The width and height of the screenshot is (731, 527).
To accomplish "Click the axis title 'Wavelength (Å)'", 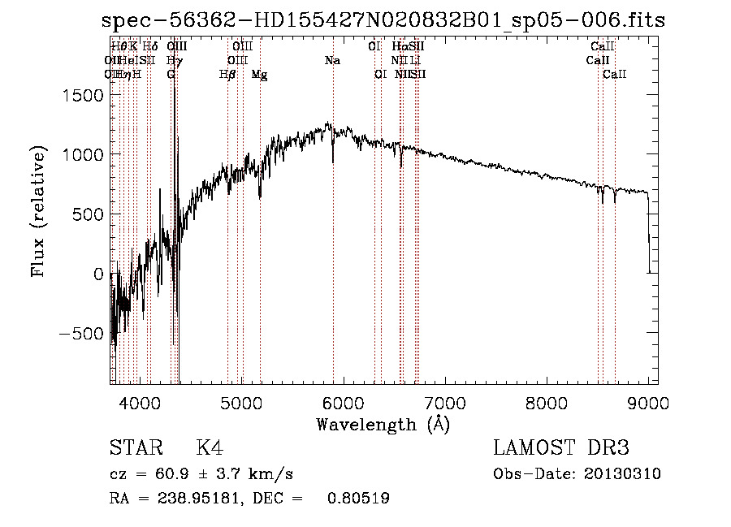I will tap(383, 425).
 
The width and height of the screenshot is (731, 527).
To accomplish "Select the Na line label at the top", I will tap(332, 61).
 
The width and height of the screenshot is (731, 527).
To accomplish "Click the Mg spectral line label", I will tap(260, 75).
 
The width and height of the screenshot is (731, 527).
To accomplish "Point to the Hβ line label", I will tap(228, 75).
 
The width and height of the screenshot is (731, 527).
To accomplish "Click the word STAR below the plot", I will tap(132, 449).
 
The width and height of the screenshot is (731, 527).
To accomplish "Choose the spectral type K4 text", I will tap(210, 449).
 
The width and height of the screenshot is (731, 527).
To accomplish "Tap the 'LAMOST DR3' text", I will tap(561, 449).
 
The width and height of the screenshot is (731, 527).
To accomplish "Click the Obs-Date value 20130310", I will tap(626, 474).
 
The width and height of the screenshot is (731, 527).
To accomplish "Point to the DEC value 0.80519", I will tap(357, 499).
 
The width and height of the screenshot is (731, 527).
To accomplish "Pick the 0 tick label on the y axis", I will tap(98, 274).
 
